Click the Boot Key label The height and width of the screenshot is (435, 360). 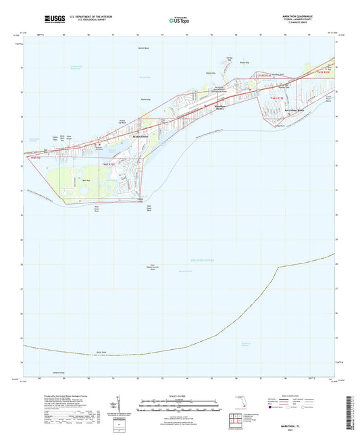(x=84, y=180)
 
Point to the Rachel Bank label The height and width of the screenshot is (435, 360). (x=143, y=50)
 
